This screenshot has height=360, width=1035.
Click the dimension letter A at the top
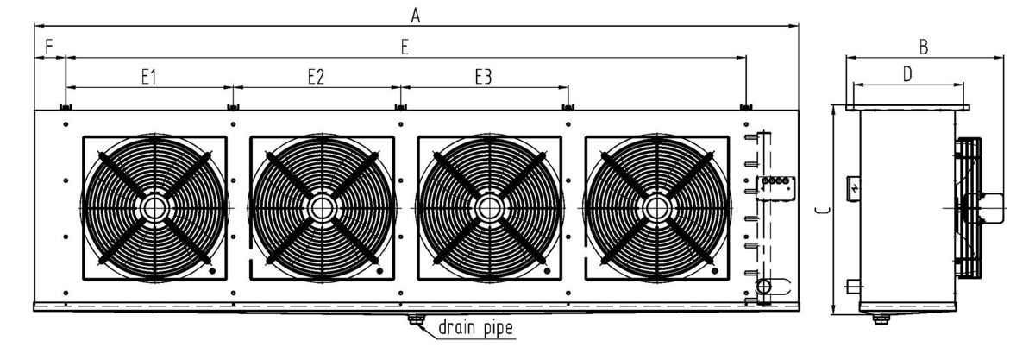[x=416, y=14]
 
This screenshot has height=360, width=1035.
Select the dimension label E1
[x=148, y=77]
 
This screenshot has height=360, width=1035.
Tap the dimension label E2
[x=316, y=77]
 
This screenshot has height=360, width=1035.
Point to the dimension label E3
[x=483, y=77]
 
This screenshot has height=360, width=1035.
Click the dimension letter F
[x=48, y=45]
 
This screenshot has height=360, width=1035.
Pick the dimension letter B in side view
[x=924, y=47]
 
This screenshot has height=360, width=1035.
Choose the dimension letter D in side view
[x=907, y=74]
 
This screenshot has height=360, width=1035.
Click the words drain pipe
[x=476, y=327]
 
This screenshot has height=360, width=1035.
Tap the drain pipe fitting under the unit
[x=417, y=321]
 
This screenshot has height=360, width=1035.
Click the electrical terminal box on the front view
[x=776, y=186]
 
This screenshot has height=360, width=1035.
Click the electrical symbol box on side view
[x=853, y=186]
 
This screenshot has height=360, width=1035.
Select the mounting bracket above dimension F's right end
[x=66, y=107]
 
